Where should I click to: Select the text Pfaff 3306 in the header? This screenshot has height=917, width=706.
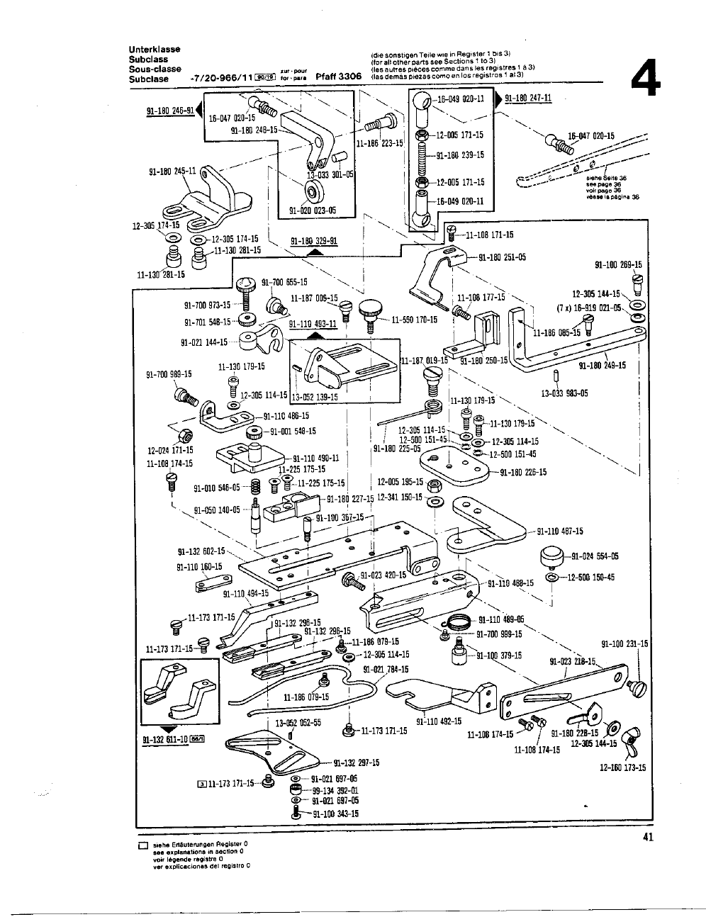coord(339,76)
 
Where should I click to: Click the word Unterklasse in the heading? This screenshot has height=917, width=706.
coord(154,49)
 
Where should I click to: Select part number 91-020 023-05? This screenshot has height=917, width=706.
coord(313,210)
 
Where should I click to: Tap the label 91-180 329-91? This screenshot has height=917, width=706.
coord(314,241)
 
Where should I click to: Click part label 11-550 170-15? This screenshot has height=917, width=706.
coord(415,320)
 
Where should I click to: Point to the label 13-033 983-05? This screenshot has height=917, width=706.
coord(564,393)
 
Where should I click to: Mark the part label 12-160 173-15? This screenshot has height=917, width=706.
coord(622,767)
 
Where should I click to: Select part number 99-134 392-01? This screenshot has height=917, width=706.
coord(331,790)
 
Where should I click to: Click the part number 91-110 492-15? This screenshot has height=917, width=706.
coord(439,721)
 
